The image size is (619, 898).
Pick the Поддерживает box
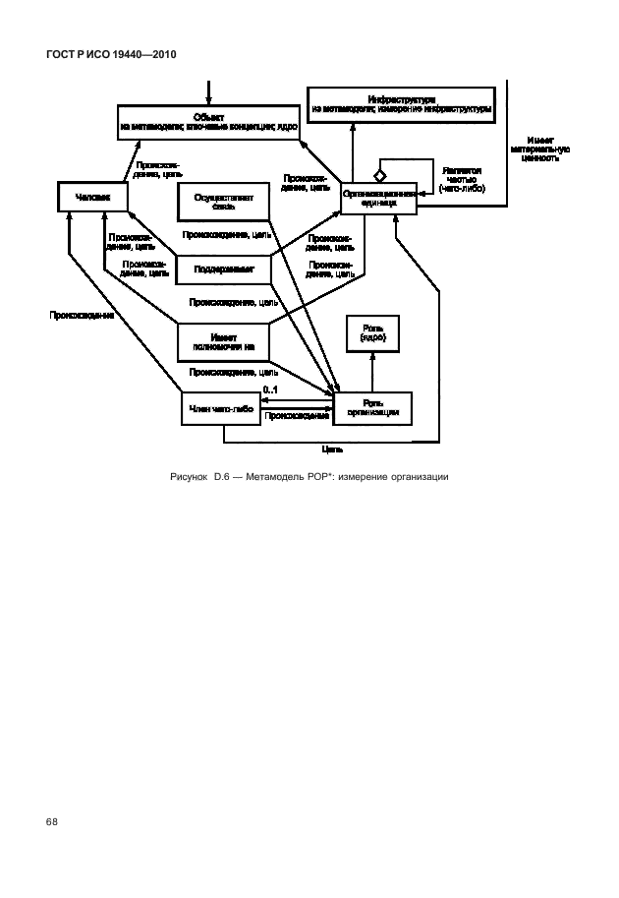[223, 267]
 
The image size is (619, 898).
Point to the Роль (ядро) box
[372, 335]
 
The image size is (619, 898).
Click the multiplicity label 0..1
[271, 391]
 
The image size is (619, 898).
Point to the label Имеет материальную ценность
[539, 149]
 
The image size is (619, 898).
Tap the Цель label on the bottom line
[332, 449]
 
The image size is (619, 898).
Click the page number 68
[52, 819]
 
